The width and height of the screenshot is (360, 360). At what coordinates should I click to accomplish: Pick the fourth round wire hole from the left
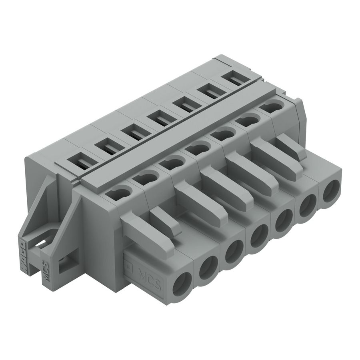(x=256, y=239)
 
